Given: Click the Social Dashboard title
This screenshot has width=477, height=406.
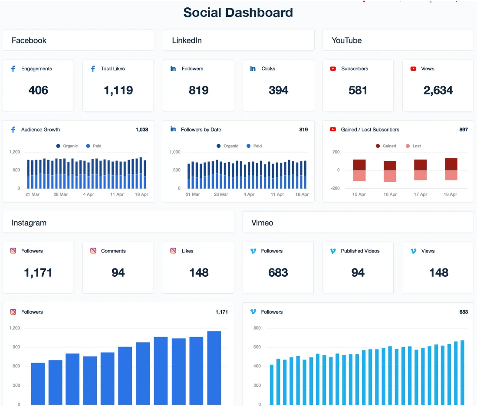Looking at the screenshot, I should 238,13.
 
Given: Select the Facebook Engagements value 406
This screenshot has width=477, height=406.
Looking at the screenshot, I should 38,90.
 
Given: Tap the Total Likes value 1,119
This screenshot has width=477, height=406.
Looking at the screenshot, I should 118,90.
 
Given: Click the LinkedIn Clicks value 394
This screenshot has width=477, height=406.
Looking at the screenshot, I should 278,90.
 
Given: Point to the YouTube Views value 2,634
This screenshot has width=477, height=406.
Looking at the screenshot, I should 438,90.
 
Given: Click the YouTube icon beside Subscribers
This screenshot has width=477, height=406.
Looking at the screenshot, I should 333,69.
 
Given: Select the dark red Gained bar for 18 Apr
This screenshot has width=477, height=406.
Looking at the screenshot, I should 451,164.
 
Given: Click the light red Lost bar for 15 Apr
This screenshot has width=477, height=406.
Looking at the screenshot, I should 359,176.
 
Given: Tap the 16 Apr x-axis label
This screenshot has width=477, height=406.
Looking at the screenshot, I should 390,194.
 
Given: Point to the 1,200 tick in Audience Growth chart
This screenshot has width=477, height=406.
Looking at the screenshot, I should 14,152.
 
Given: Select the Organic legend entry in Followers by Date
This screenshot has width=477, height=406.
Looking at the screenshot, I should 227,146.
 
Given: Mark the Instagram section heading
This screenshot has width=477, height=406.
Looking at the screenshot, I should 29,223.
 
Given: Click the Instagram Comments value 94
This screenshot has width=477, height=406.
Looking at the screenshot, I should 118,272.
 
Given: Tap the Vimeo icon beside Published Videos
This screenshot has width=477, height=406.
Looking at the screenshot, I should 333,251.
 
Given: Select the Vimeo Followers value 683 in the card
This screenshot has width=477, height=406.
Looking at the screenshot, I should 278,272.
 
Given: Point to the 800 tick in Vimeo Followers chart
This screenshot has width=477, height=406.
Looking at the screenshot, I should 257,328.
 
